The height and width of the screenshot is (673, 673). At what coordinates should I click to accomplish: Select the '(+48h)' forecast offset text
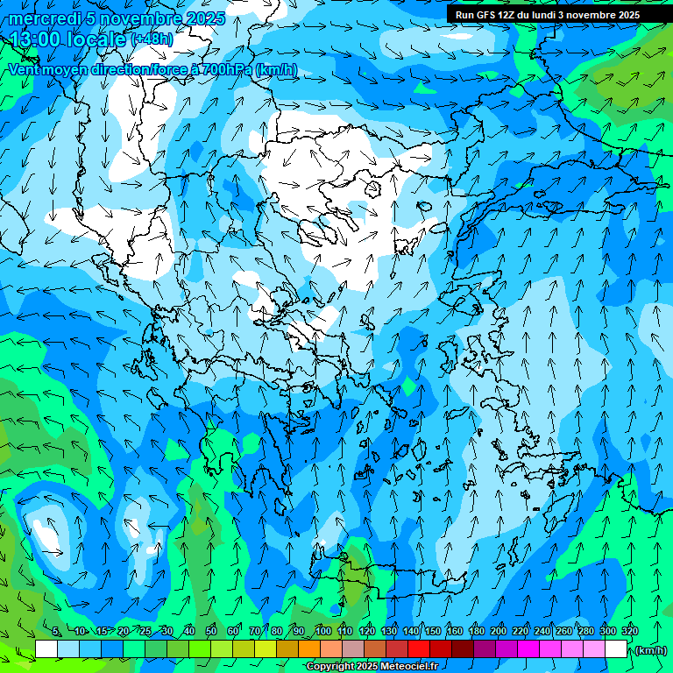tap(152, 39)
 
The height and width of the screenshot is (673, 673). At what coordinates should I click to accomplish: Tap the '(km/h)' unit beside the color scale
tap(651, 650)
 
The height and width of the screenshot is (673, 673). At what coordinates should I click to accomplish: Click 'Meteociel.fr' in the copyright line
tap(408, 667)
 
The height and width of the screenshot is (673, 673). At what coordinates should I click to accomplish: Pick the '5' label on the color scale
tap(56, 631)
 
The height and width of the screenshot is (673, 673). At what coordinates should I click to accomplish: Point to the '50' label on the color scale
tap(211, 631)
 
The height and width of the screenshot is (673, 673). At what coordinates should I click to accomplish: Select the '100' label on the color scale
tap(322, 631)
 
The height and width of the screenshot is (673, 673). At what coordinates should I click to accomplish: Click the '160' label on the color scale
tap(455, 631)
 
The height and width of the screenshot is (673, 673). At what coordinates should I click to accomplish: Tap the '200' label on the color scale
tap(499, 631)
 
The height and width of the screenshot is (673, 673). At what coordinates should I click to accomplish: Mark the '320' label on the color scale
tap(630, 631)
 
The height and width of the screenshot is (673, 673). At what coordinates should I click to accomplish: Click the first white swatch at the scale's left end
tap(46, 648)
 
